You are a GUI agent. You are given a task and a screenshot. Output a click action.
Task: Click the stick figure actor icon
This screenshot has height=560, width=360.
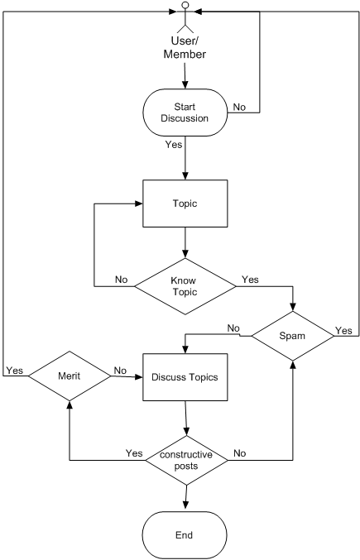185,17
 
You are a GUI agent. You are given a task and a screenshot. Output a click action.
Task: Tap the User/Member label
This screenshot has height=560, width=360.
185,47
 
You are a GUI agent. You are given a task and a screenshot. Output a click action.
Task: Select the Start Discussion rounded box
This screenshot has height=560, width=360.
185,112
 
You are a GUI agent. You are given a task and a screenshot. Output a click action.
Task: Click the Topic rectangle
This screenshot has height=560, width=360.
185,203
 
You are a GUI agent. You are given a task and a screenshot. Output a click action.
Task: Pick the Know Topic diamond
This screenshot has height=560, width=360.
185,286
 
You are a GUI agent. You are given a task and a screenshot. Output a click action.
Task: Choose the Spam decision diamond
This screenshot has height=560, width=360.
292,336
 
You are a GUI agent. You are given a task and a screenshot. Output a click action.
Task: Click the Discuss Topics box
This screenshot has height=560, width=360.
185,377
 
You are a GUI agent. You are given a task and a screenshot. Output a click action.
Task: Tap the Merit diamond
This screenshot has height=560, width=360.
70,376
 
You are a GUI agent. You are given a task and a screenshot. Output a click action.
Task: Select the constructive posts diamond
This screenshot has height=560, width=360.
186,460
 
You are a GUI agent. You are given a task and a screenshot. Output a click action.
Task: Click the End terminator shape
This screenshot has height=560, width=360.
185,535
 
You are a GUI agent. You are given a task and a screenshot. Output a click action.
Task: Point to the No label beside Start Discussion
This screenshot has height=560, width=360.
239,107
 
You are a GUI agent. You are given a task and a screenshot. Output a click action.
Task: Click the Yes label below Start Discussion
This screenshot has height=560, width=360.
174,144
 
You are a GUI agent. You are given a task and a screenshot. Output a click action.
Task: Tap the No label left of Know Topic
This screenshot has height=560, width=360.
121,280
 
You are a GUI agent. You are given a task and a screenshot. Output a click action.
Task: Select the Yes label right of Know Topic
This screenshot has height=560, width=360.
250,280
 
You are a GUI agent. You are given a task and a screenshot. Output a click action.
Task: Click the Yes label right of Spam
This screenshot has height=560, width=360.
343,331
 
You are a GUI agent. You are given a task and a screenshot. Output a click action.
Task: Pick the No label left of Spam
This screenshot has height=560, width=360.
233,328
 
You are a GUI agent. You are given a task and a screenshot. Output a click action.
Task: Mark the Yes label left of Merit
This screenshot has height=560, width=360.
15,371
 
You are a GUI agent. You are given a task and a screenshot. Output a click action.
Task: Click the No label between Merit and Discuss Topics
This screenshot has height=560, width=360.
120,371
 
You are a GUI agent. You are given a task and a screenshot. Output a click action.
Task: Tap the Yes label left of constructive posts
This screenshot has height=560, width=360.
134,452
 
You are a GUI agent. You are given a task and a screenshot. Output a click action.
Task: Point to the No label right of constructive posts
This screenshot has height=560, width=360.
240,452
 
